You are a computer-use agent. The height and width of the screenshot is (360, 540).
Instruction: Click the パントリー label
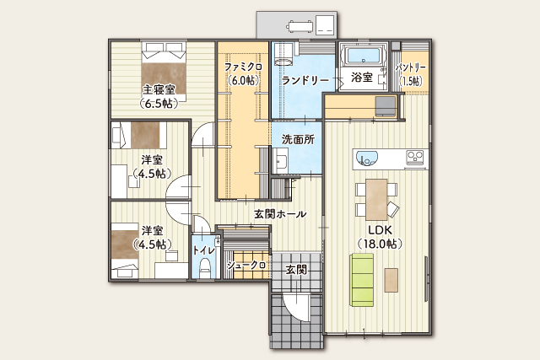[x=411, y=67]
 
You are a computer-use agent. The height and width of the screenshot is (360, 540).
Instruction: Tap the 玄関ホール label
[x=280, y=214]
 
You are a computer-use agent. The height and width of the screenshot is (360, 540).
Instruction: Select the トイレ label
[x=204, y=250]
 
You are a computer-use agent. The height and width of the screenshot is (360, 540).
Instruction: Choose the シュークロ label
[x=246, y=266]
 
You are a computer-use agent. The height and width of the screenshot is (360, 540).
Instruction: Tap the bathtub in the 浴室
[x=363, y=56]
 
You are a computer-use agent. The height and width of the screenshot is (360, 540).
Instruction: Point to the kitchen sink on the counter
[x=367, y=157]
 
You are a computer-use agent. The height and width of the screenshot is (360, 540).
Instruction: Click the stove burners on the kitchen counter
[x=415, y=157]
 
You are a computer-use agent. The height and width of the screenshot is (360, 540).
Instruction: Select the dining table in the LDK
[x=376, y=196]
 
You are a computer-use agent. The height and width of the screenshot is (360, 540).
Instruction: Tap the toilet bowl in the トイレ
[x=204, y=268]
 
